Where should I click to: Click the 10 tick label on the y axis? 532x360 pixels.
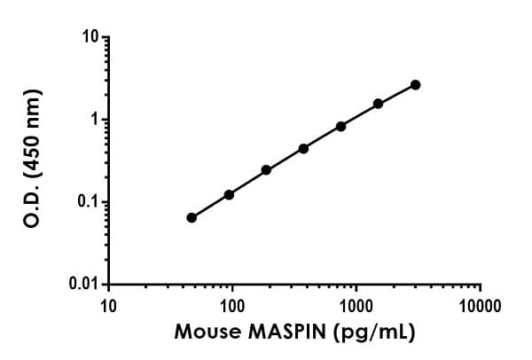pos(89,38)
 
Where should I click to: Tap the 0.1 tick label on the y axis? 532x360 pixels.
pos(87,202)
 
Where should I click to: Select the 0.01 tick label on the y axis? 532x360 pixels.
pos(83,285)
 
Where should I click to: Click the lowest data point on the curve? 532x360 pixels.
pos(192,217)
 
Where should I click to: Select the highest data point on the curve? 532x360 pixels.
pos(416,85)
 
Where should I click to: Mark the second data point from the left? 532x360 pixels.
pos(229,194)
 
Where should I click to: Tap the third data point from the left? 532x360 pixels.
pos(266,169)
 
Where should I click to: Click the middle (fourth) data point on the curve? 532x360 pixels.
pos(303,148)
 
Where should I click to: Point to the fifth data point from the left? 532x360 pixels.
pos(340,126)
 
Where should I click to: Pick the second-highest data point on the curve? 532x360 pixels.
pos(378,104)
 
